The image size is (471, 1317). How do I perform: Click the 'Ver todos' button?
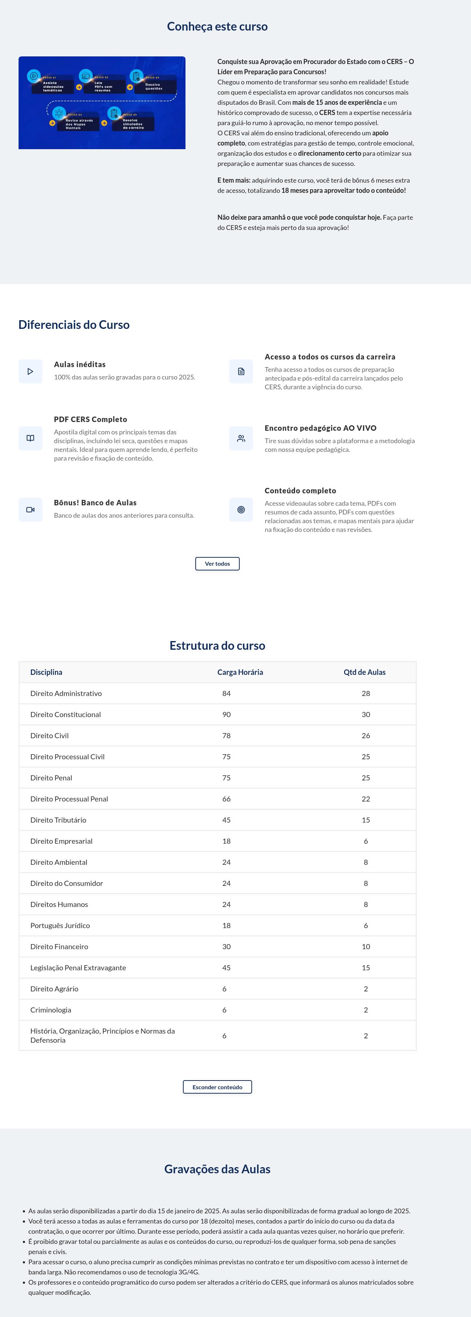tap(217, 564)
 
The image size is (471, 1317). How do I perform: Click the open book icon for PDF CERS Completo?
tap(31, 438)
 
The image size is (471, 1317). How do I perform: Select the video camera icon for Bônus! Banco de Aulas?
tap(31, 510)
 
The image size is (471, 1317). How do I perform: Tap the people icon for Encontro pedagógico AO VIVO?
tap(241, 438)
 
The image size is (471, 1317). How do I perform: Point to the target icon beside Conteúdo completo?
tap(241, 510)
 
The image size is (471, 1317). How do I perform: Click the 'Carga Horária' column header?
tap(240, 672)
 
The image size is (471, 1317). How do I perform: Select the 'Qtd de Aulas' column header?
tap(364, 672)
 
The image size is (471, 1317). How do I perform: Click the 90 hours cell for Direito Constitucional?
tap(226, 714)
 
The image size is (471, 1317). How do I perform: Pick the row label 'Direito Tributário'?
tap(58, 820)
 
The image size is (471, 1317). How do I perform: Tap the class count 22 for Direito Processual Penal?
tap(366, 799)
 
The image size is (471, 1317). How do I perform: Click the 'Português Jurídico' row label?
tap(60, 926)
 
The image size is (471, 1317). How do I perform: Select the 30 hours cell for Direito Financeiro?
tap(226, 946)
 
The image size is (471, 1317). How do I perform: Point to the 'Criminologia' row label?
tap(51, 1010)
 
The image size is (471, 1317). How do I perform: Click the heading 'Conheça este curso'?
tap(217, 27)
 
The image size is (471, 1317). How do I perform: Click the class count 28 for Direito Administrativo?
tap(366, 693)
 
